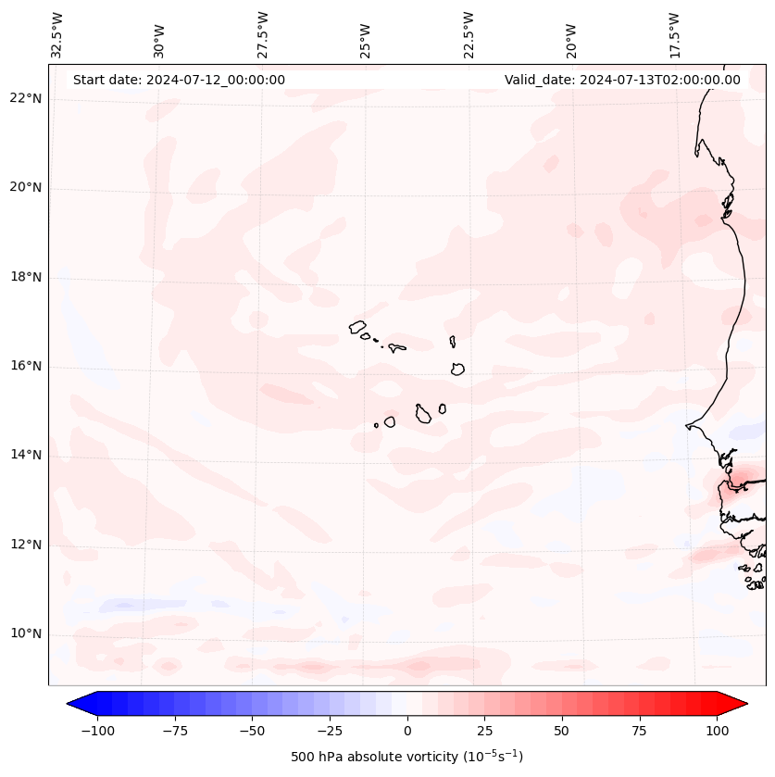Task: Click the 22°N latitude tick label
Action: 25,98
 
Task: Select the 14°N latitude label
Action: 25,455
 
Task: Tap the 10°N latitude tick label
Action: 25,633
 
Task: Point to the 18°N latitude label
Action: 25,277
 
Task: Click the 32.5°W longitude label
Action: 57,34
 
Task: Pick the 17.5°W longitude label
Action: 674,34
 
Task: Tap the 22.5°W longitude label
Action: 469,34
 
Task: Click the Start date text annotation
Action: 179,80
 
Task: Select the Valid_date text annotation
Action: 622,80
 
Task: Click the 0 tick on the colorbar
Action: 407,731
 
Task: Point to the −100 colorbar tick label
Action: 96,731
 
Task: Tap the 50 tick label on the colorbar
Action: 562,731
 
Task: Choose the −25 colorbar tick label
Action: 329,731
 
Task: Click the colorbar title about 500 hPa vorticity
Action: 406,757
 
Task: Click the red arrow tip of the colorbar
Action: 739,704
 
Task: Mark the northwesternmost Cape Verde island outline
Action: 358,327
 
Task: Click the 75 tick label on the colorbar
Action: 639,731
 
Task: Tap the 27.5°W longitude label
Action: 263,34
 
